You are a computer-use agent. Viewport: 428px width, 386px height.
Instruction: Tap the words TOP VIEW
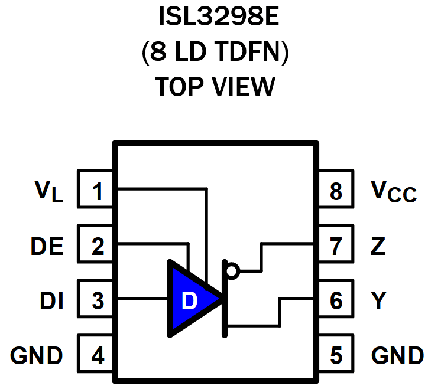click(x=214, y=87)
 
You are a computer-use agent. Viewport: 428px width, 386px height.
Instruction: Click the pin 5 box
click(x=336, y=355)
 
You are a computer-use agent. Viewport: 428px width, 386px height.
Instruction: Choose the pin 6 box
click(x=336, y=300)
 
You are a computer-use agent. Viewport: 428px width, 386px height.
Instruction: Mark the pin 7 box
click(x=336, y=246)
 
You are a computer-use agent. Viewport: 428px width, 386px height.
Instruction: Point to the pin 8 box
click(x=336, y=191)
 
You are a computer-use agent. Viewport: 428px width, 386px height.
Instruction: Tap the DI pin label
click(x=51, y=301)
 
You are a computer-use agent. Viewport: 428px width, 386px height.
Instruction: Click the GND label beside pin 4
click(x=37, y=356)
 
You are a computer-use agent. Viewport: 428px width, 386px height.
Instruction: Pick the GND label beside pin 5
click(x=397, y=356)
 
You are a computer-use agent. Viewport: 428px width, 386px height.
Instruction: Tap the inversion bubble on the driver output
click(x=232, y=271)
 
